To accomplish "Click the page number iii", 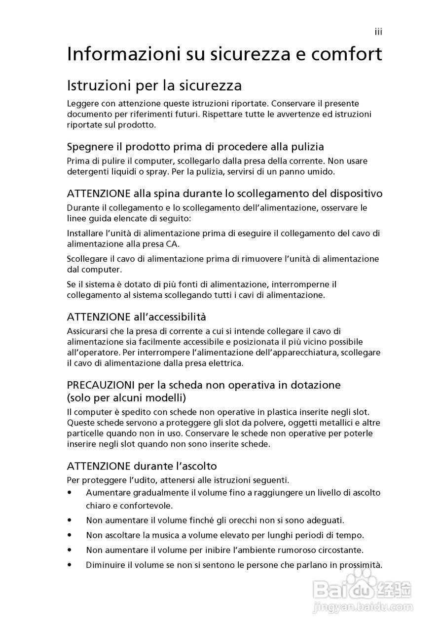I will pos(378,32).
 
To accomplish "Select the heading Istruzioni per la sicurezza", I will pos(154,86).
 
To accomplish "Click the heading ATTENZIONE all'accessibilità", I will pos(136,316).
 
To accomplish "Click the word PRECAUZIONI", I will pos(101,385).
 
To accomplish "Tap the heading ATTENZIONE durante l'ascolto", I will pos(142,466).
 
